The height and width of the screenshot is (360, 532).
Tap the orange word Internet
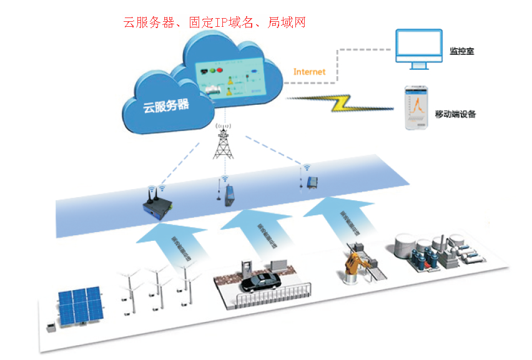click(309, 72)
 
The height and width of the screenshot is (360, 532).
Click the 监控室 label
click(461, 51)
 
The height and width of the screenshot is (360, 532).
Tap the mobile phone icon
click(416, 107)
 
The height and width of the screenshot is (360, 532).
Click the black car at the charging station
click(262, 282)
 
